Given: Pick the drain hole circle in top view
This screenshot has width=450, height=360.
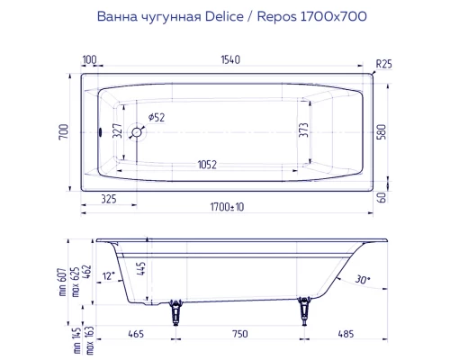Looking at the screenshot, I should (x=137, y=131).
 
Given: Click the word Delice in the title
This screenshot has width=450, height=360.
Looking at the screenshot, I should (x=205, y=15).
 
